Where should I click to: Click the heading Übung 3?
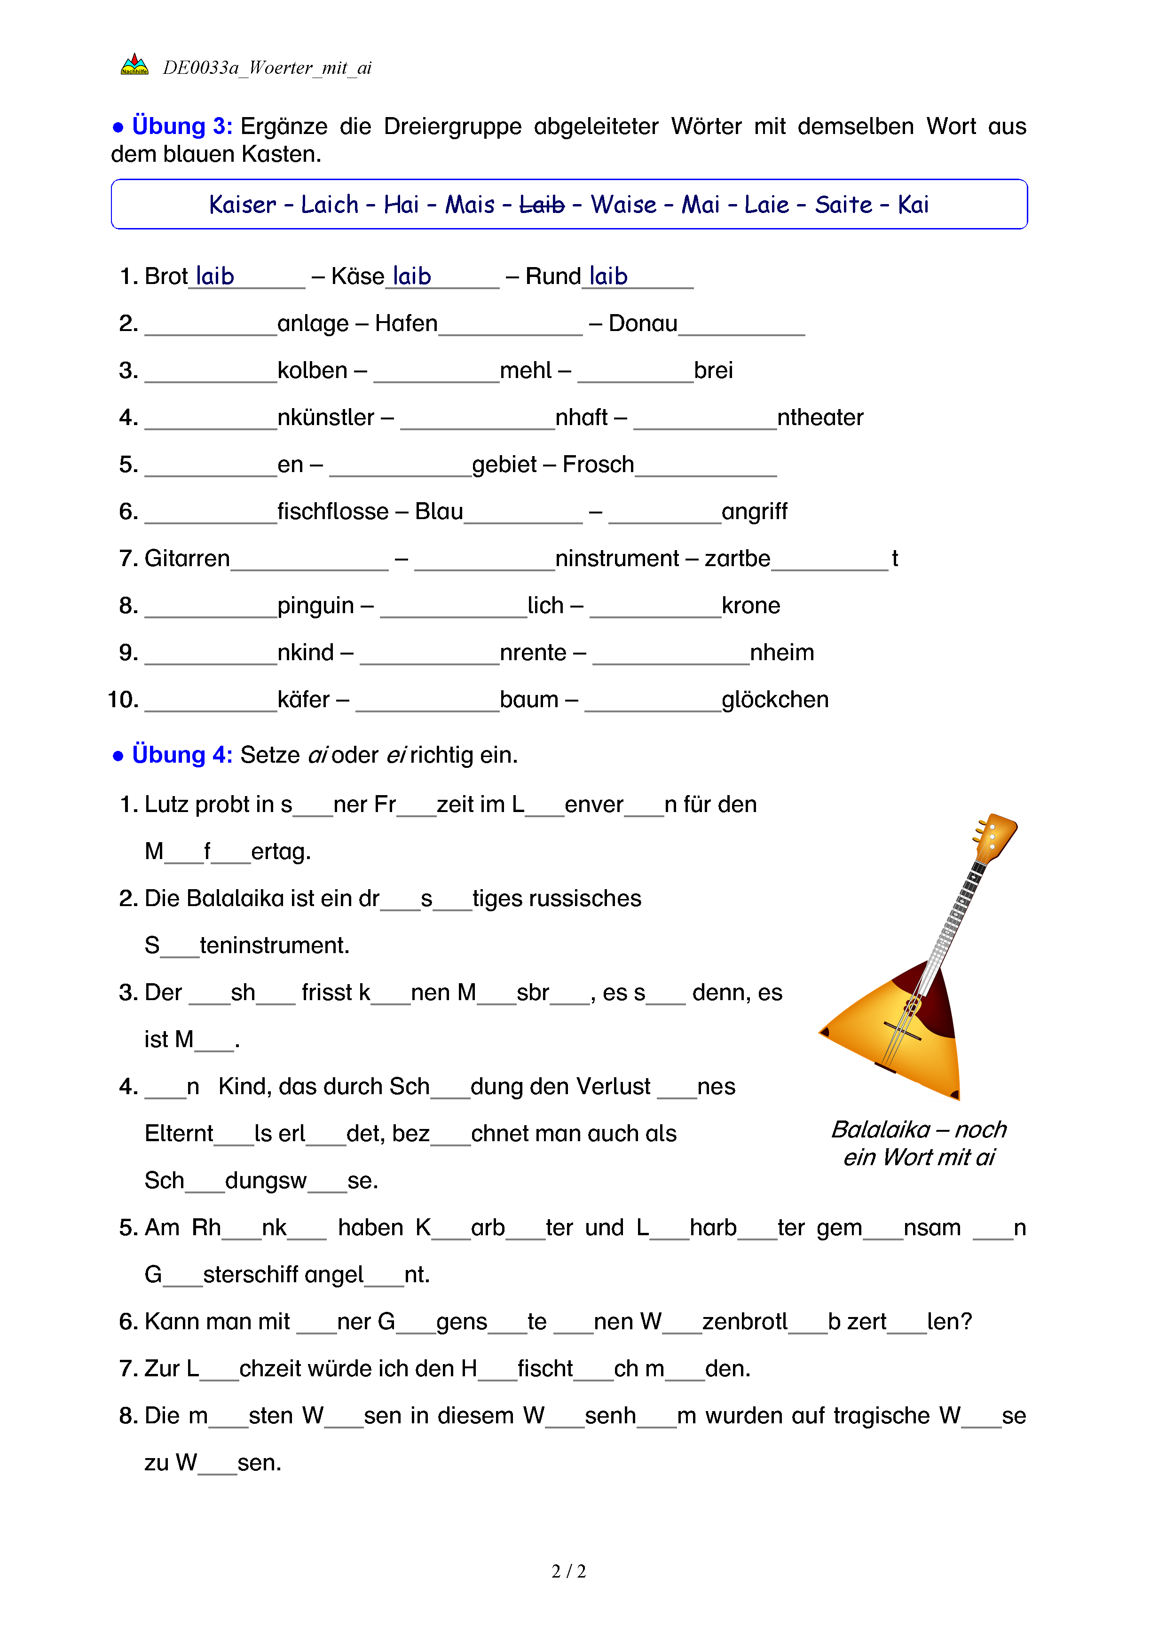click(181, 126)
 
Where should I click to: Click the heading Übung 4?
click(181, 755)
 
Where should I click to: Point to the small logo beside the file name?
click(134, 65)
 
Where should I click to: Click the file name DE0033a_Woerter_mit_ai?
click(267, 68)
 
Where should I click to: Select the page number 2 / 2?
click(568, 1571)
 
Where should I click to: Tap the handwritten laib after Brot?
click(215, 276)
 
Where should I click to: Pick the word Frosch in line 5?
click(598, 465)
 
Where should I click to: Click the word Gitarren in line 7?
click(187, 558)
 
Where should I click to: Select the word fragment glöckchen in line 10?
click(775, 700)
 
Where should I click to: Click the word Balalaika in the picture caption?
click(880, 1130)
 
